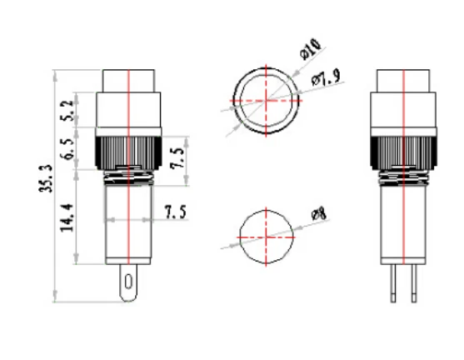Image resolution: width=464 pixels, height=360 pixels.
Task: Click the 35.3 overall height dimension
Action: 46,179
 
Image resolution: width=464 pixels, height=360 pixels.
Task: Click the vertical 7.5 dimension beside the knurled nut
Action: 178,157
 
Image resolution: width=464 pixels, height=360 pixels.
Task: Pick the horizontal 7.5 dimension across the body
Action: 174,212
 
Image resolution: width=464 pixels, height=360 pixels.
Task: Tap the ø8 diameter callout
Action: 317,216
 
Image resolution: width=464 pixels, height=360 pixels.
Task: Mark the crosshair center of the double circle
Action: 266,102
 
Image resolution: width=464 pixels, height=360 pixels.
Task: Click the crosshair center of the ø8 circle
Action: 266,236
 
